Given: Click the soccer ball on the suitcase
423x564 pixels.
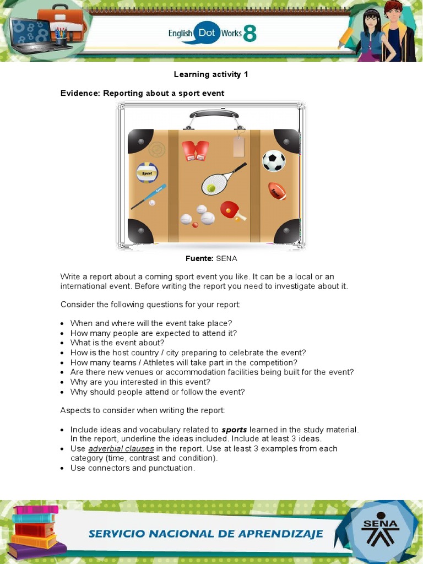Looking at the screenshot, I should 273,161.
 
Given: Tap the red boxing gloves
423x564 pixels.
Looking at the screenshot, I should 196,150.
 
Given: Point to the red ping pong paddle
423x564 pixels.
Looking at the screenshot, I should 231,210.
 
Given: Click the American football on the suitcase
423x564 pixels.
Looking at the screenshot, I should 276,191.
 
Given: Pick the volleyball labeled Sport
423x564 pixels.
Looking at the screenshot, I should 147,172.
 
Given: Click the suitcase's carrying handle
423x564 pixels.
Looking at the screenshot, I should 214,115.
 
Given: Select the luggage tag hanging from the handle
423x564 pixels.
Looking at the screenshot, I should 238,146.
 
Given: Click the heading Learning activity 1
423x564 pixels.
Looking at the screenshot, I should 211,74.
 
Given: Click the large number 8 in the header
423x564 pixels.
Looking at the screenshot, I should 250,34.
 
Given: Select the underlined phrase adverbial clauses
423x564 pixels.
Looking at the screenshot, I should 121,448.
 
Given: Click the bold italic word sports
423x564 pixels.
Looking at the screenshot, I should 234,430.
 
